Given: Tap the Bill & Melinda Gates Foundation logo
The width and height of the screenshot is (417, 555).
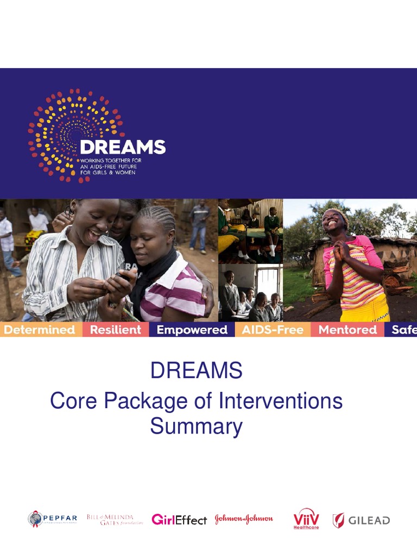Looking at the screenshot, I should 114,519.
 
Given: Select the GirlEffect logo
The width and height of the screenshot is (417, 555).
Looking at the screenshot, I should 179,520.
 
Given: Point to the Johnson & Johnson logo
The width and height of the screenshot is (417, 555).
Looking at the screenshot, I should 244,519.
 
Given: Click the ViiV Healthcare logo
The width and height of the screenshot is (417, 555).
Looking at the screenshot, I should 306,519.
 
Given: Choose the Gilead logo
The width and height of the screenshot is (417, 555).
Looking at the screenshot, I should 361,520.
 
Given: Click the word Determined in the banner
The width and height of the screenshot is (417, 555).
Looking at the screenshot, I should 39,330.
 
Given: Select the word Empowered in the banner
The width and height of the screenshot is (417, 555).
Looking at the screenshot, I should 192,330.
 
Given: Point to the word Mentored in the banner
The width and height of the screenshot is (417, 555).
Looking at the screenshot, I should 347,330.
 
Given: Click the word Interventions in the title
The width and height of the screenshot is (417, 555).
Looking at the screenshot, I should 280,402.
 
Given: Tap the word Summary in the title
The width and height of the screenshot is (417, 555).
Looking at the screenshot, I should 196,427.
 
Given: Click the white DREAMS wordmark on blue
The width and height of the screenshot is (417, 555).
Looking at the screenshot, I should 122,147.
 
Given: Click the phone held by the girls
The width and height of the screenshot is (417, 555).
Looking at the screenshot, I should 124,277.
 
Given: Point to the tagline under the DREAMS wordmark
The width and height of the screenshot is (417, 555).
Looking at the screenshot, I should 114,166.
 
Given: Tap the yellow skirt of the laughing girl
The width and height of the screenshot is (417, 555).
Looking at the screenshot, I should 365,310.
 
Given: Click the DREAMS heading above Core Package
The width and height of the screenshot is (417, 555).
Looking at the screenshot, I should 196,371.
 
